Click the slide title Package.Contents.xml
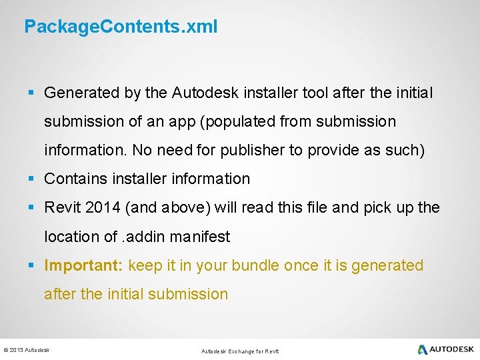(120, 27)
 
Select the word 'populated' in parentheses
(243, 122)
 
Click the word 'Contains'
(75, 179)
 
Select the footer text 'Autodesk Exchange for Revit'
(240, 351)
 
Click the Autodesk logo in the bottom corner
(445, 349)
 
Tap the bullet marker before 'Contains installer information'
(31, 179)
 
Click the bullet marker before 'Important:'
(31, 265)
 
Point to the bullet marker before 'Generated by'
(31, 93)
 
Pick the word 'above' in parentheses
(186, 208)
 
